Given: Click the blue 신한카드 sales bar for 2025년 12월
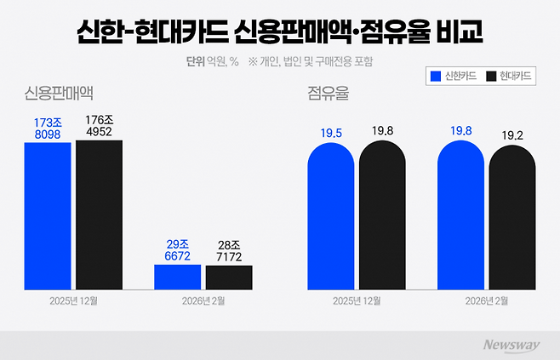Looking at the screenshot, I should point(47,214).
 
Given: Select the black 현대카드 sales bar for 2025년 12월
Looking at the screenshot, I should point(99,214).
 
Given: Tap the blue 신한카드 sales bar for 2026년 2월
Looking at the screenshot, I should point(177,277).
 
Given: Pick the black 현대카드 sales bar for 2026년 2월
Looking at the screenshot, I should point(229,277).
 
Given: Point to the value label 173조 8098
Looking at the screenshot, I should point(47,129).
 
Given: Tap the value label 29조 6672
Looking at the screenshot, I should point(177,250).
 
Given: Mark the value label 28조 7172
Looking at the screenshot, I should point(229,251).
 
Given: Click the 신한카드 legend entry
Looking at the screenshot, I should point(454,77).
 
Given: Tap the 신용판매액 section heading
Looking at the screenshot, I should point(59,93).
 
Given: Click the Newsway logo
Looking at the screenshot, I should point(513,344).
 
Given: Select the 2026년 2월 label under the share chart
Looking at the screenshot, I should point(487,301).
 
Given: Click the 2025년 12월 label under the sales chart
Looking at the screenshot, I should point(73,301).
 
